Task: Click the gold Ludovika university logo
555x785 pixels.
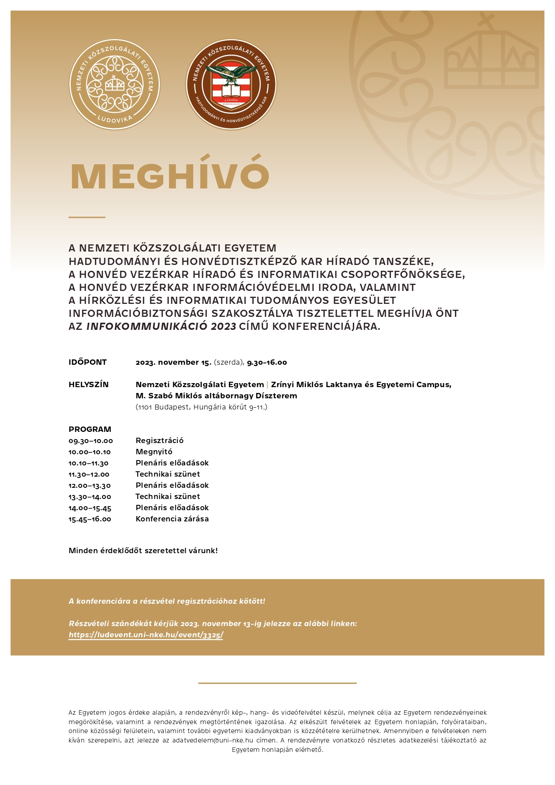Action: (114, 85)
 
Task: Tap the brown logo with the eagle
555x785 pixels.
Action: (231, 85)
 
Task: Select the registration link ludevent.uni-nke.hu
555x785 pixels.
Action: (146, 635)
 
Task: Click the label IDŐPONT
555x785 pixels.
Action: (88, 362)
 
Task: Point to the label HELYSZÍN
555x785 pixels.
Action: (89, 384)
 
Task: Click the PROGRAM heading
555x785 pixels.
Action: (90, 429)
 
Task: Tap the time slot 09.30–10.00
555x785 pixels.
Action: (91, 441)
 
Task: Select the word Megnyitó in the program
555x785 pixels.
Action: (154, 452)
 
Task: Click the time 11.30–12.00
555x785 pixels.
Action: (89, 474)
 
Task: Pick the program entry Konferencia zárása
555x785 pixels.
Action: (172, 519)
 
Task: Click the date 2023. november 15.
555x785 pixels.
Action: (174, 362)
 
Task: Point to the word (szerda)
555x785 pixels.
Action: (229, 362)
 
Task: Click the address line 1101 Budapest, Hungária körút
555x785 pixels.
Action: (201, 407)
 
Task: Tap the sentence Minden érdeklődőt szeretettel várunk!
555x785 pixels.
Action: (143, 550)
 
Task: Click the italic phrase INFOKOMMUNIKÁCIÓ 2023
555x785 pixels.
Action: (161, 326)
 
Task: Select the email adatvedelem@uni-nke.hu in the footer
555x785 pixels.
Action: (212, 740)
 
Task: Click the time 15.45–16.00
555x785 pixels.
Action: (90, 519)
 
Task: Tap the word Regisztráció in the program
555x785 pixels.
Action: (160, 440)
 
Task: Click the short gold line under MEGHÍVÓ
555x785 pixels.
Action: (87, 217)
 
